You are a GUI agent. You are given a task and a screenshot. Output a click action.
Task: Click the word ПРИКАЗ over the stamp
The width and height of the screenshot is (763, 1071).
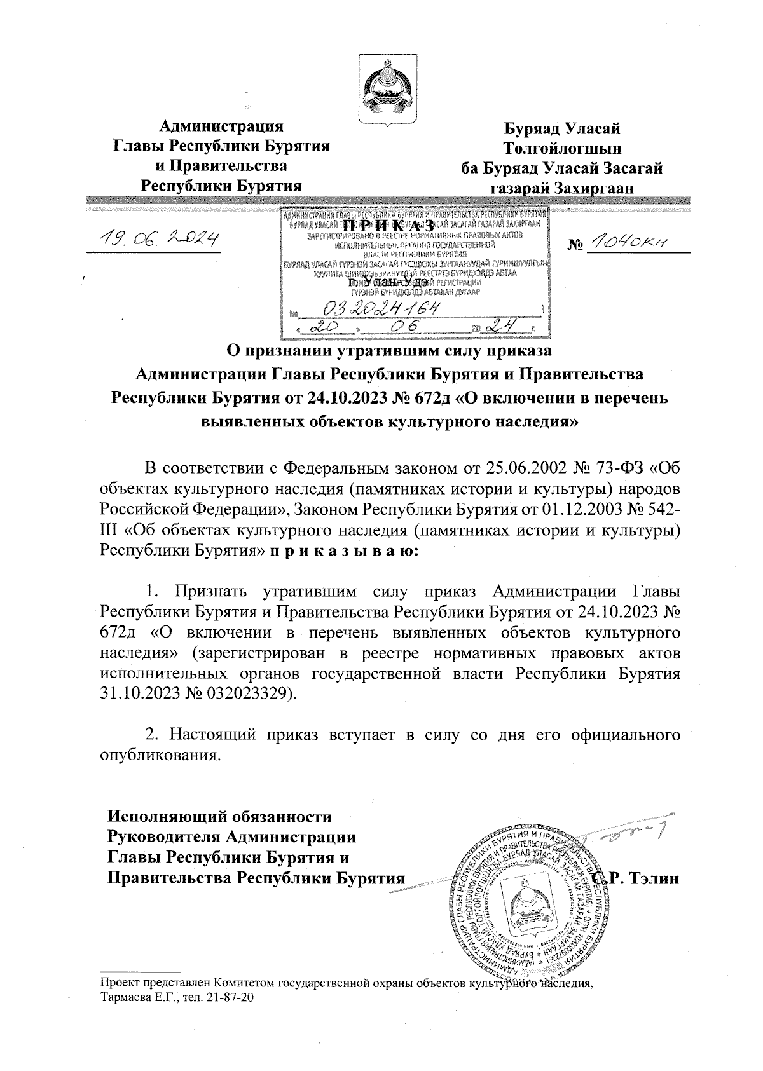point(388,226)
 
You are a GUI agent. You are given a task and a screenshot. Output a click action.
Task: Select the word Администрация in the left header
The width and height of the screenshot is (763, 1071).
point(221,125)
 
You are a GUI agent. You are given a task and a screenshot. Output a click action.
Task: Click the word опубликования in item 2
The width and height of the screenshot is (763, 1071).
point(161,756)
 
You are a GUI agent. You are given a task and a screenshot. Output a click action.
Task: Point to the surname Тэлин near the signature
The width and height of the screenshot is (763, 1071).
point(655,879)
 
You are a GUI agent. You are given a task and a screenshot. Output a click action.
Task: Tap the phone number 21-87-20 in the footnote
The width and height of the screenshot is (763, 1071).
point(233,998)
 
